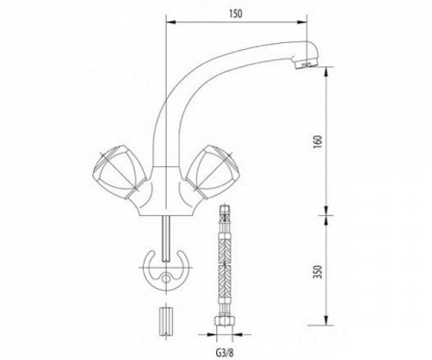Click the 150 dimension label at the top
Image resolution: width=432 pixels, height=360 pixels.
click(235, 13)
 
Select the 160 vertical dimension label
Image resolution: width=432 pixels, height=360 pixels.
click(319, 141)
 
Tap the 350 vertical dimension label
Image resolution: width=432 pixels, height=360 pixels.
click(319, 272)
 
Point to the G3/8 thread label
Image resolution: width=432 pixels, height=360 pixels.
click(225, 352)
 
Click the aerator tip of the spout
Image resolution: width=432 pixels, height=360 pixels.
click(307, 64)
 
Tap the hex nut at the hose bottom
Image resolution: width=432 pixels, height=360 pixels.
click(225, 321)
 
